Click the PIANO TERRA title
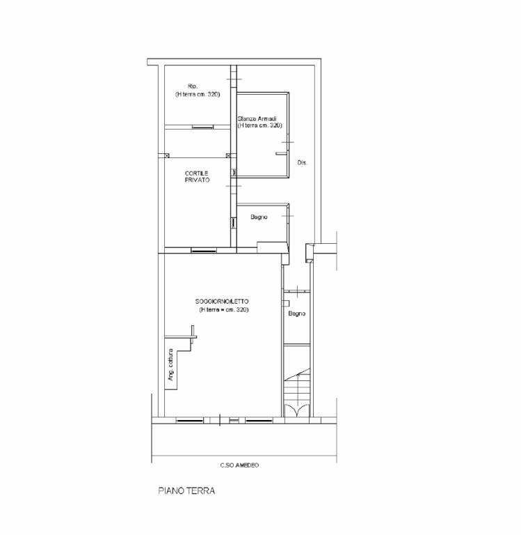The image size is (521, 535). (x=186, y=490)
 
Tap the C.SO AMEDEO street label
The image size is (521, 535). (x=239, y=465)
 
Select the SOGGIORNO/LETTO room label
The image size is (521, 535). (x=222, y=301)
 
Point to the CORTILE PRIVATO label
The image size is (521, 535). (x=197, y=177)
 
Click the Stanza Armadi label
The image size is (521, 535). (x=257, y=118)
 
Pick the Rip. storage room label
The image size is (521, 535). (x=193, y=86)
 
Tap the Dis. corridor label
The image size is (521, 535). (x=303, y=163)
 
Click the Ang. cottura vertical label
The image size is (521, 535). (x=170, y=365)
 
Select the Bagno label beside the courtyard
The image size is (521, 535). (x=259, y=217)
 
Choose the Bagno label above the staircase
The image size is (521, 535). (x=297, y=313)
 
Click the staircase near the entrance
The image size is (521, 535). (x=297, y=387)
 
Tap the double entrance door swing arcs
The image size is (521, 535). (x=297, y=410)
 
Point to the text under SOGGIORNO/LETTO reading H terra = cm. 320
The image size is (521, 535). (x=224, y=310)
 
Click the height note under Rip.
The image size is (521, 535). (x=198, y=95)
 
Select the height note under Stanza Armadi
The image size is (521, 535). (x=260, y=125)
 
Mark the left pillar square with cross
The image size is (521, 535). (x=167, y=155)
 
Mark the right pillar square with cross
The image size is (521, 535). (x=229, y=155)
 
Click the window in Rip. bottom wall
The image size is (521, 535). (x=202, y=127)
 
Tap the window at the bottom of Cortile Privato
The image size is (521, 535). (x=204, y=251)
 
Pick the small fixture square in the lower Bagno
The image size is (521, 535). (x=286, y=303)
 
